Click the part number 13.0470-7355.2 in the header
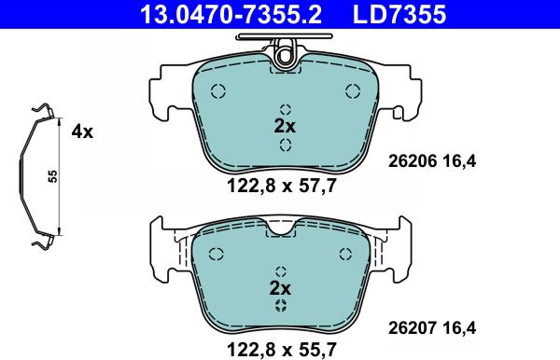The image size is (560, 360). click(x=231, y=15)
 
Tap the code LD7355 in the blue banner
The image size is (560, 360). click(x=399, y=15)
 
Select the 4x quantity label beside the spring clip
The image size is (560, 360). click(x=82, y=132)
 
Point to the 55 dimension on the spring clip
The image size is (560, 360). click(x=53, y=176)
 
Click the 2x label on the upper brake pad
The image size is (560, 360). click(x=285, y=126)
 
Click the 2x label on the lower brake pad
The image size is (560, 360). click(x=280, y=288)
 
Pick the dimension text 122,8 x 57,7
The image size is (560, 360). click(x=282, y=186)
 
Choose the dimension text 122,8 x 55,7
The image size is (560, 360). click(x=282, y=350)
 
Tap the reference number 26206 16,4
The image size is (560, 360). click(x=432, y=161)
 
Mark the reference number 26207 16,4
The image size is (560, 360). click(x=432, y=328)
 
